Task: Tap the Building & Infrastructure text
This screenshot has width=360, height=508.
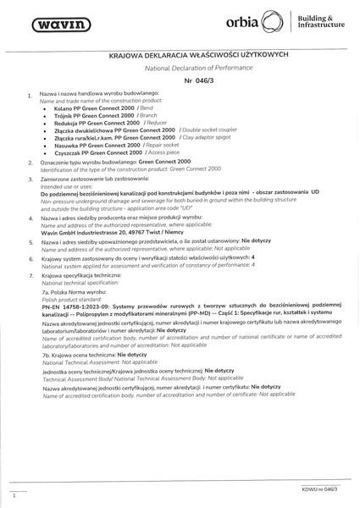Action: click(x=322, y=23)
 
